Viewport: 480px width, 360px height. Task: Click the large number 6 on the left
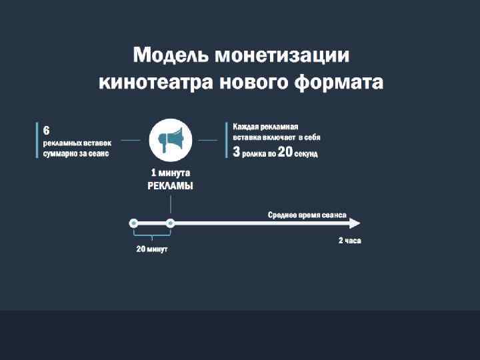(47, 129)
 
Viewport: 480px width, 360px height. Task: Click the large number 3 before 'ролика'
(235, 153)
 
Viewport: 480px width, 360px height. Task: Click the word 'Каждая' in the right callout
(245, 126)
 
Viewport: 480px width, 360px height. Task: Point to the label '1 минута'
(170, 174)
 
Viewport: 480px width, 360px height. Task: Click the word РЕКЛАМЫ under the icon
(170, 187)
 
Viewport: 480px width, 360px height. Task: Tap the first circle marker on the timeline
(134, 223)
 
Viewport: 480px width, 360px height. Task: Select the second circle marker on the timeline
(171, 223)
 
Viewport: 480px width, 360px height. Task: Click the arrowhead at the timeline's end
(355, 223)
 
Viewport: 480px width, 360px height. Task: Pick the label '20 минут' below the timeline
(152, 249)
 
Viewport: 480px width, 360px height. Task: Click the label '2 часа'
(349, 241)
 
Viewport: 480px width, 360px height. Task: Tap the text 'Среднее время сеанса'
(307, 215)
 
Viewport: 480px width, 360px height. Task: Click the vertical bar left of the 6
(37, 140)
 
